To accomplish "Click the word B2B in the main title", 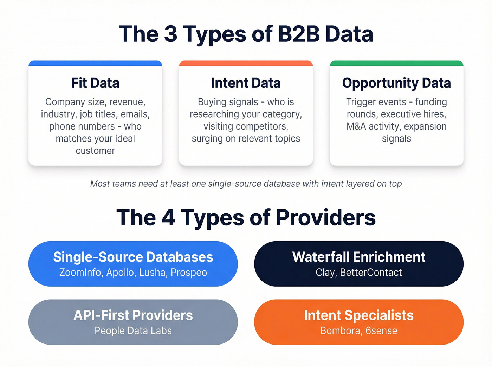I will [x=298, y=34].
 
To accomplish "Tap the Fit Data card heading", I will [x=95, y=83].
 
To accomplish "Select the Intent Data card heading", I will [x=246, y=83].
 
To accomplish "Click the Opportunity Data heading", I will [x=396, y=83].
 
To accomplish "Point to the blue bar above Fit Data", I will [x=95, y=63].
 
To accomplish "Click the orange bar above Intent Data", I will [x=246, y=63].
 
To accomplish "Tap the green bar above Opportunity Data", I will [x=396, y=63].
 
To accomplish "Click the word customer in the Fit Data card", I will [x=95, y=151].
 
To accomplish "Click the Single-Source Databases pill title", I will [x=133, y=257].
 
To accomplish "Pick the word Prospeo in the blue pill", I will [x=189, y=273].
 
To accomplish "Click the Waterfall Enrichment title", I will [x=358, y=257].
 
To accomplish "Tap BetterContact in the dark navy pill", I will [x=371, y=273].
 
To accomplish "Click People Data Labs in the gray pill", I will [x=133, y=331].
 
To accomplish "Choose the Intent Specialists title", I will [x=358, y=315].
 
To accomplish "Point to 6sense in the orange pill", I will [x=381, y=331].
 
